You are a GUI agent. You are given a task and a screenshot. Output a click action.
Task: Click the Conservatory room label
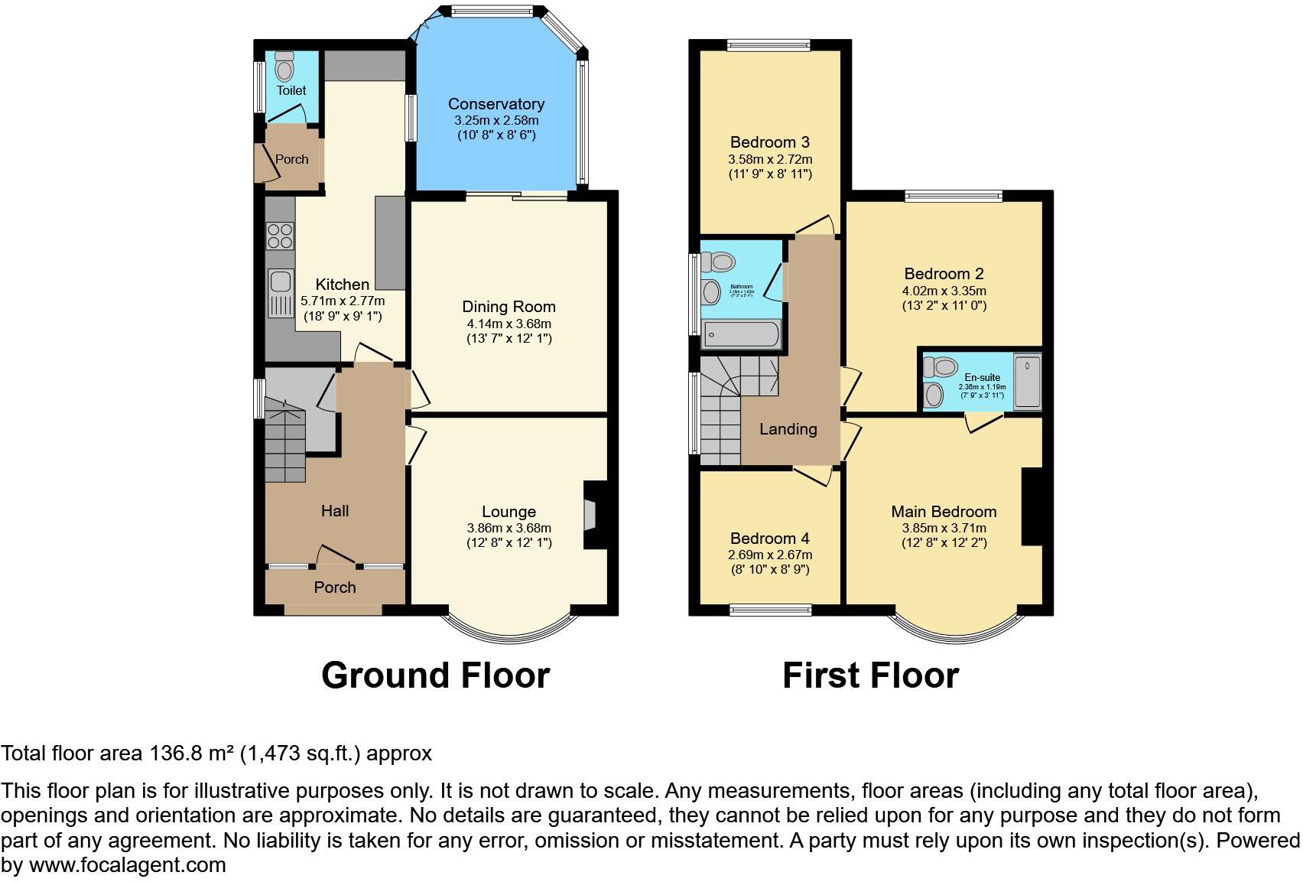pos(496,104)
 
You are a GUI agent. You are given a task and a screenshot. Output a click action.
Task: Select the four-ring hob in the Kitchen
pos(280,235)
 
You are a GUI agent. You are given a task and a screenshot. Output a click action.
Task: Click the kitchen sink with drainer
pos(280,292)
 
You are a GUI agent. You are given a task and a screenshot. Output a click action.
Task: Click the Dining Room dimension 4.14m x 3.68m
pos(509,324)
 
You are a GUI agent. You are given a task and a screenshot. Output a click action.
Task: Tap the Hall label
pos(335,511)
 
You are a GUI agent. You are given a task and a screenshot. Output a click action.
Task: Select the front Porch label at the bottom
pos(335,587)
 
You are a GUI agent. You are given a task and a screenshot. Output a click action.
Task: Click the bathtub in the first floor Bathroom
pos(740,335)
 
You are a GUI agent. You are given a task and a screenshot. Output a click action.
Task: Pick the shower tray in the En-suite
pos(1027,382)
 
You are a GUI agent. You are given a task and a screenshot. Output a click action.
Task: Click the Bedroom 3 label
pos(769,142)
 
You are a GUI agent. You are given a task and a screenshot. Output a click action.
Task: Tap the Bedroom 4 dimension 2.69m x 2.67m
pos(769,555)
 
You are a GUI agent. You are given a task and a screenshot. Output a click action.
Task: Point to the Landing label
pos(788,429)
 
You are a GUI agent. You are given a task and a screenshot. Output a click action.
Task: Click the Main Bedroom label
pos(944,512)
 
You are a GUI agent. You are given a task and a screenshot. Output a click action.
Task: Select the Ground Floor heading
pos(435,675)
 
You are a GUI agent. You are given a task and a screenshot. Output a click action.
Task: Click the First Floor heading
pos(870,675)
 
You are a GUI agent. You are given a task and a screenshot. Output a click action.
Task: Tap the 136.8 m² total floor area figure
pos(190,753)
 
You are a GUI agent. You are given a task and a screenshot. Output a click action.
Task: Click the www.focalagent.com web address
pos(128,865)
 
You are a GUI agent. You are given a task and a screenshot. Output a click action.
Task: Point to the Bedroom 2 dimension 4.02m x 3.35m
pos(944,291)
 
